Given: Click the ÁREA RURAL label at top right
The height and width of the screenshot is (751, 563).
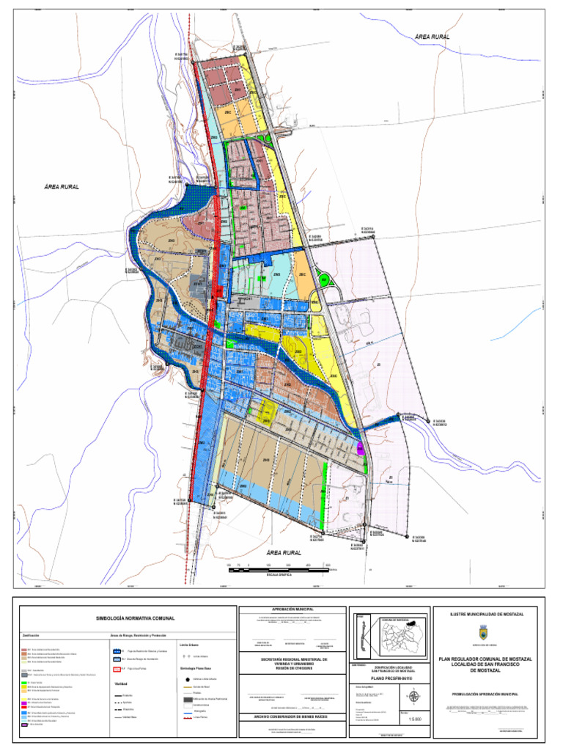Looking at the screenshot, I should [x=432, y=36].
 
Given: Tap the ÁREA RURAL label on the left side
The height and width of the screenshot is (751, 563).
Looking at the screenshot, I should [x=61, y=187].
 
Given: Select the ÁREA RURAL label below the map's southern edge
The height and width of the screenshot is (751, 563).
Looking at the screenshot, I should [x=284, y=552].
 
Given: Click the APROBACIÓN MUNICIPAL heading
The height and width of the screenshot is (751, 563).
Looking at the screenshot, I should [x=292, y=609].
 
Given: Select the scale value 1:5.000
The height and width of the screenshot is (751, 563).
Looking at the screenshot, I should [x=415, y=722].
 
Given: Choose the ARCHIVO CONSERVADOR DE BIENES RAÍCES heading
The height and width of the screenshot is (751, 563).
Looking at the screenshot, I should [x=292, y=717].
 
